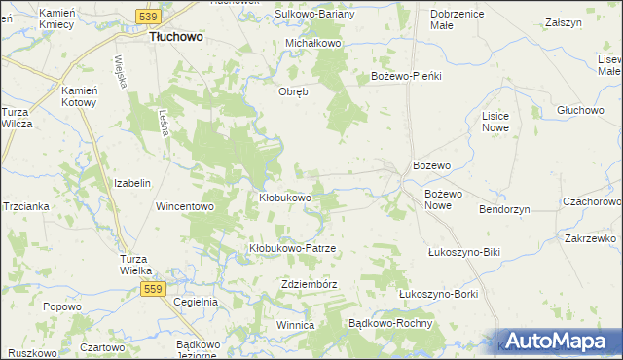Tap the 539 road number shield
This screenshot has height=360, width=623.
tap(148, 17)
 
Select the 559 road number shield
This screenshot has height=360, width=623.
tap(151, 289)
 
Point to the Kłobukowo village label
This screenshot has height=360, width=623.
tap(284, 198)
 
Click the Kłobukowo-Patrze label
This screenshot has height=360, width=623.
tap(292, 248)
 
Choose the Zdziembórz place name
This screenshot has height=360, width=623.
tap(308, 284)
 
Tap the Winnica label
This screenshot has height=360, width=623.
tap(295, 324)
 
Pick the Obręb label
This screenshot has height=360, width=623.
tap(294, 92)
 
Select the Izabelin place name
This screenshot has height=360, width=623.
tap(132, 183)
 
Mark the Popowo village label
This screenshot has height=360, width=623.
tap(61, 306)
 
